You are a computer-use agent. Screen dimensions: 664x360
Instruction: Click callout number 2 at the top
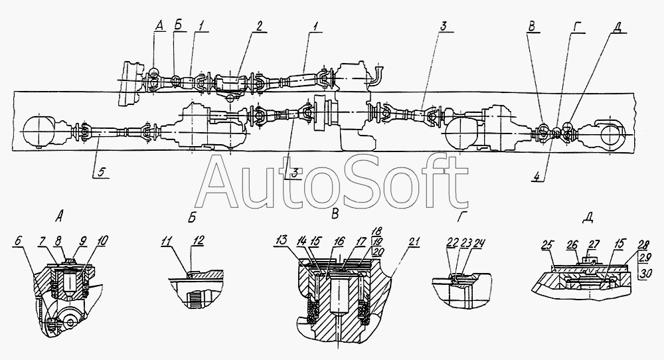(x=260, y=27)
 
